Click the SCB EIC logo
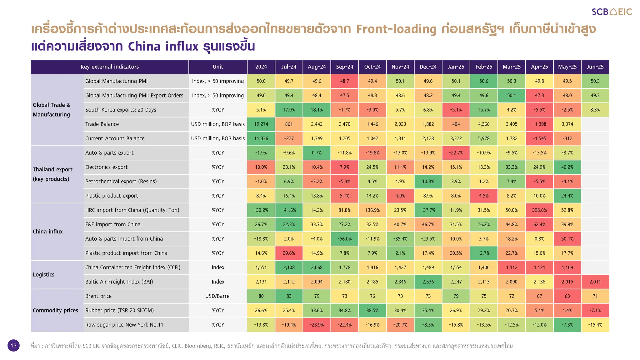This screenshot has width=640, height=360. pyautogui.click(x=612, y=12)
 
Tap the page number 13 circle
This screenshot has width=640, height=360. pyautogui.click(x=13, y=345)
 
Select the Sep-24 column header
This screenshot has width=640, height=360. pyautogui.click(x=344, y=67)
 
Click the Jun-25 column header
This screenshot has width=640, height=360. pyautogui.click(x=595, y=67)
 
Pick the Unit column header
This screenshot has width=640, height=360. pyautogui.click(x=218, y=67)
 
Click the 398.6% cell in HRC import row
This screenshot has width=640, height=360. pyautogui.click(x=539, y=210)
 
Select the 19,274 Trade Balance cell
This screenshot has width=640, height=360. pyautogui.click(x=261, y=124)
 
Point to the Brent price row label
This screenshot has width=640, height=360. pyautogui.click(x=98, y=296)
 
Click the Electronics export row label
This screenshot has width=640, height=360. pyautogui.click(x=107, y=167)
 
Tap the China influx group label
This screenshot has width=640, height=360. pyautogui.click(x=48, y=232)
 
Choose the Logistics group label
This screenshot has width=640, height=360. pyautogui.click(x=44, y=275)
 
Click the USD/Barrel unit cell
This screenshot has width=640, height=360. pyautogui.click(x=218, y=296)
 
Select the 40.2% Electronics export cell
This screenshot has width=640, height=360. pyautogui.click(x=567, y=167)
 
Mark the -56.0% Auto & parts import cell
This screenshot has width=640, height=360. pyautogui.click(x=344, y=239)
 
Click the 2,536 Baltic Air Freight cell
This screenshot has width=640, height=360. pyautogui.click(x=428, y=282)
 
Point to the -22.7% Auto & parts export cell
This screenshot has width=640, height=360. pyautogui.click(x=456, y=153)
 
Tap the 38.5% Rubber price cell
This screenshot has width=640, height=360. pyautogui.click(x=372, y=310)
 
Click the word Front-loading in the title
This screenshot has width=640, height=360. pyautogui.click(x=396, y=29)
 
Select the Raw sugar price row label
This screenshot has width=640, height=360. pyautogui.click(x=124, y=325)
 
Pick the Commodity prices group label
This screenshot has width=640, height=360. pyautogui.click(x=56, y=310)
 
